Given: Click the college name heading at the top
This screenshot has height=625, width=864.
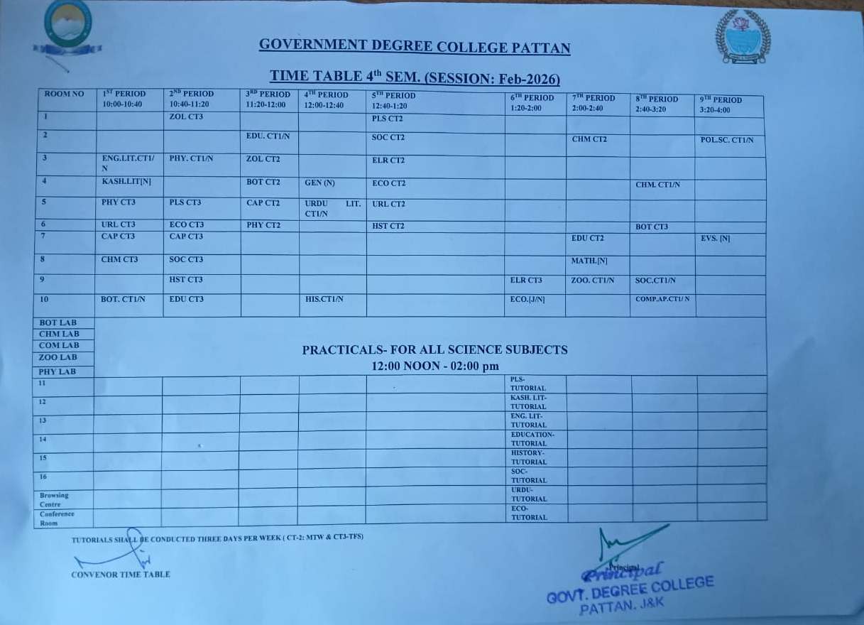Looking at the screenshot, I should pos(415,47).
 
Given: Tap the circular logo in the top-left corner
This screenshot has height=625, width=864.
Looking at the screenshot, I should pos(67,26).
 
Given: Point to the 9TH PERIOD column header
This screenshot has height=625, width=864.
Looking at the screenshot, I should pos(720,104).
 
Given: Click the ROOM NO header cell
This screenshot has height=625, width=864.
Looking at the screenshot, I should pos(64,94).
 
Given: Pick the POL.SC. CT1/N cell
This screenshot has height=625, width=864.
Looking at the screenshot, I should pos(727,141).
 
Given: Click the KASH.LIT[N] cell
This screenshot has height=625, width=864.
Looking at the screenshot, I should pos(127,182).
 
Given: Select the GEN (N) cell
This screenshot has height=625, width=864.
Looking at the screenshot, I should pos(319,183).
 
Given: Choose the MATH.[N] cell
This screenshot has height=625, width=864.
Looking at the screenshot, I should pos(589,261).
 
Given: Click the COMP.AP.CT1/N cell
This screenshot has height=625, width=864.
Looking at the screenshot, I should pos(662,299).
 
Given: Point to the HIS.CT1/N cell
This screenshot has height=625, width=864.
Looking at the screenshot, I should pos(324,299).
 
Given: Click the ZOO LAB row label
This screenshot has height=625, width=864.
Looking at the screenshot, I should pos(58,357).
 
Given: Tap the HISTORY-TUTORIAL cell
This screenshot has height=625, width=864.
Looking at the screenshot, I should pos(529,457).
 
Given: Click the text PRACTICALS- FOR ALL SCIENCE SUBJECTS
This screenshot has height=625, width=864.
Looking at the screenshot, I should pos(434,349).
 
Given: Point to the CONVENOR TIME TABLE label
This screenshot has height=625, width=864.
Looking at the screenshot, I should pos(121,575).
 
